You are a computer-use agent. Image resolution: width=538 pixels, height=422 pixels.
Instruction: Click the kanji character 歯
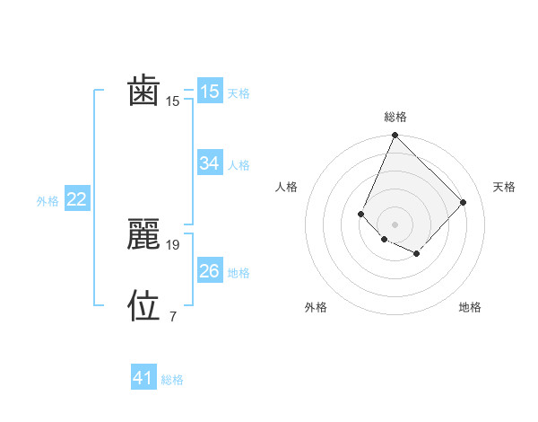(144, 92)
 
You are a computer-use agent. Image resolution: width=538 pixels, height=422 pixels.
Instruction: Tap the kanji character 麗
(144, 233)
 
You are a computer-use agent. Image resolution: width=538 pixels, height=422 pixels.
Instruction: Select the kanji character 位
(144, 305)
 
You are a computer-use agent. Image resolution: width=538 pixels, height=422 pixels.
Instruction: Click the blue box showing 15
(209, 92)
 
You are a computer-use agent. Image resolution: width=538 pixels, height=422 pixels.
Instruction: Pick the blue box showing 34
(209, 163)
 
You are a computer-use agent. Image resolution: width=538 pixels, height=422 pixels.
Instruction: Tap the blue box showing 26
(209, 271)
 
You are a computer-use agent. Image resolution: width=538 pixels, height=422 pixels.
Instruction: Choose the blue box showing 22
(76, 199)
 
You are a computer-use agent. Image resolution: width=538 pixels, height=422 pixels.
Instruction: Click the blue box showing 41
(143, 378)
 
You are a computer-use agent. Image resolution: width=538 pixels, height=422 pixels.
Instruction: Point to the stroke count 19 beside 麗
(173, 244)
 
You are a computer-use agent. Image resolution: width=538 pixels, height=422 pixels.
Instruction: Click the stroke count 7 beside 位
(172, 316)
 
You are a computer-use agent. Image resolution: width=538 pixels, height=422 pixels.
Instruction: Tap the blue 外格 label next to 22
(48, 201)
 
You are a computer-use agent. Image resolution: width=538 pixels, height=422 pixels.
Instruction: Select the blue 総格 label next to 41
(172, 380)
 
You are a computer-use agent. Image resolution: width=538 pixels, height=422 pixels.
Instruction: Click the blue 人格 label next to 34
(239, 165)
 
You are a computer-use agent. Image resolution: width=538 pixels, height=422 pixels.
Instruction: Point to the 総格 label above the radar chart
(395, 117)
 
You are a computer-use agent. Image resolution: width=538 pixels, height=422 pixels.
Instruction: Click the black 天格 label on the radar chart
(504, 187)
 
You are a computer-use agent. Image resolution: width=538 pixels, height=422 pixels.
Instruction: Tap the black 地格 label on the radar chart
(470, 307)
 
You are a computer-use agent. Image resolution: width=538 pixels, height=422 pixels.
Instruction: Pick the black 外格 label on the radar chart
(316, 307)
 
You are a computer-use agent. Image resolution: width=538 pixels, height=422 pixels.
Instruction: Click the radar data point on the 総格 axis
(395, 136)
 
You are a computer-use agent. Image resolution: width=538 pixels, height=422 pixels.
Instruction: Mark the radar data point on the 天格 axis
(463, 202)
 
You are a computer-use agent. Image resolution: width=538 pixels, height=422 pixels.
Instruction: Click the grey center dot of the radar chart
(395, 224)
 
